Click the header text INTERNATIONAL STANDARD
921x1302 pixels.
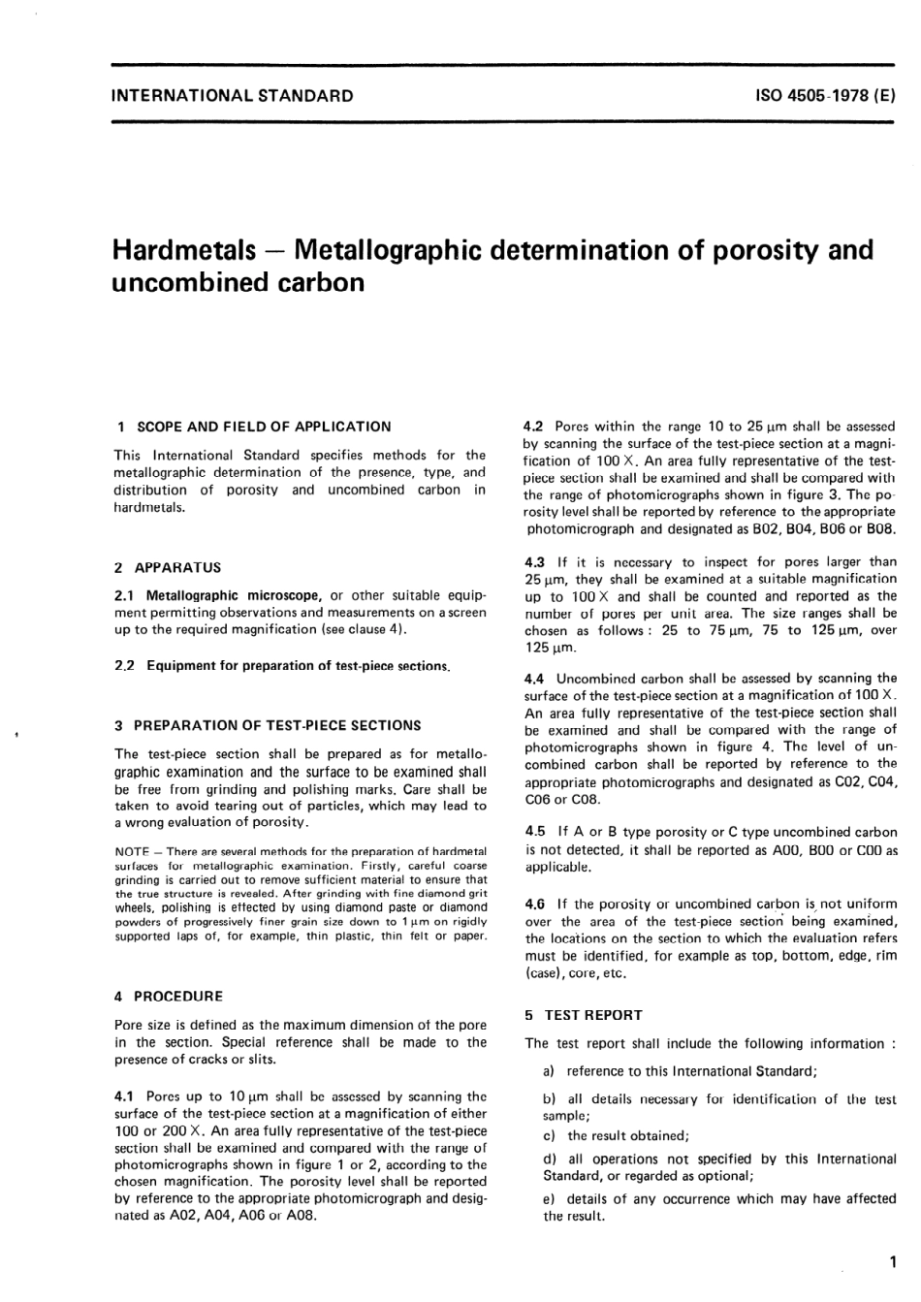[x=233, y=96]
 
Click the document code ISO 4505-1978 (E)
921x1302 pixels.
[x=824, y=96]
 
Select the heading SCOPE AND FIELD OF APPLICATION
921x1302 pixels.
[x=264, y=427]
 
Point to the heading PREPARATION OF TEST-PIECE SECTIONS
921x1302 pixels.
[x=277, y=725]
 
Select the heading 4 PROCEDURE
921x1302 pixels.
[x=169, y=997]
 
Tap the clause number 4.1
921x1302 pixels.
[x=124, y=1096]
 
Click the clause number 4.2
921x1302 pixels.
[x=533, y=426]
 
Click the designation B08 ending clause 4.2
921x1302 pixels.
[x=877, y=529]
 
